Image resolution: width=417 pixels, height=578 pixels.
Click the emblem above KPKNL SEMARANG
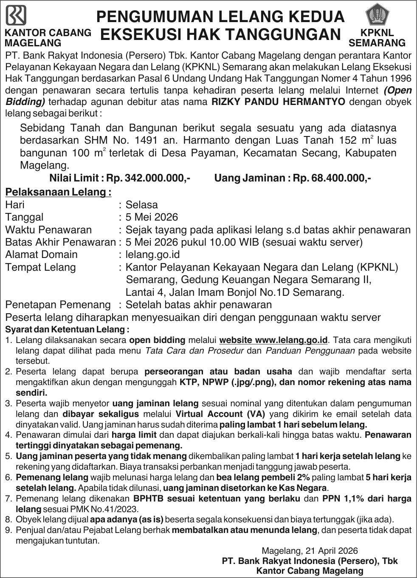(376, 15)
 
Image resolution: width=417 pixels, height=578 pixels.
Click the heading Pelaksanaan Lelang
(58, 192)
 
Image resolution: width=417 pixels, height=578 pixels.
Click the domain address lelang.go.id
(153, 255)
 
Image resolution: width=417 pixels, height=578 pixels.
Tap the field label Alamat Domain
(41, 255)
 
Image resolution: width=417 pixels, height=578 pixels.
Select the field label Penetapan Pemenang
(58, 305)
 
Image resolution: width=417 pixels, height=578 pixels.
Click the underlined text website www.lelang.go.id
(273, 340)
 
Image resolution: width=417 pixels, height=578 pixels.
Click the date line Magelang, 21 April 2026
(310, 551)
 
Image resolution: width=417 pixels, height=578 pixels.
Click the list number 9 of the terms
(8, 530)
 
